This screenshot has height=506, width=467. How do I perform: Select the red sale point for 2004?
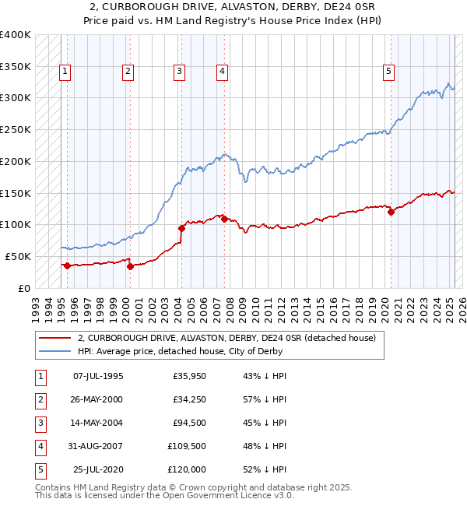click(x=181, y=228)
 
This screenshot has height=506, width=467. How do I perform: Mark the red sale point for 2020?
click(x=391, y=212)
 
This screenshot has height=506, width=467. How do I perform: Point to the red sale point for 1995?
click(x=67, y=265)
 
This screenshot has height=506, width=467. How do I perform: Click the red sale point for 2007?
click(x=224, y=219)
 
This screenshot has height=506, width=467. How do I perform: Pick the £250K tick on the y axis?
click(x=16, y=129)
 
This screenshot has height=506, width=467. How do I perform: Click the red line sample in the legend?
click(x=54, y=338)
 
